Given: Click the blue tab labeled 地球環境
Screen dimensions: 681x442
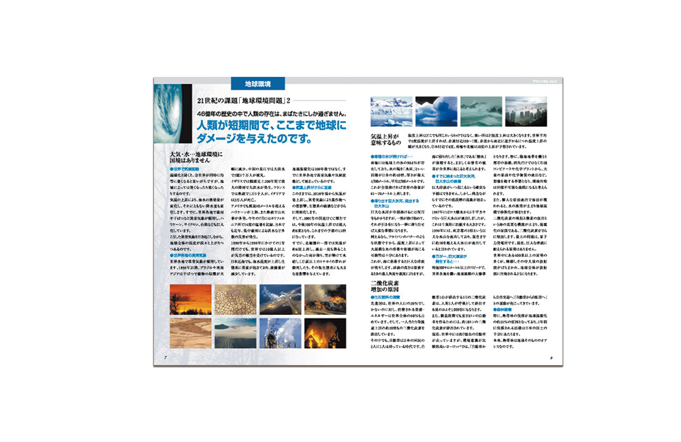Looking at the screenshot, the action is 259,84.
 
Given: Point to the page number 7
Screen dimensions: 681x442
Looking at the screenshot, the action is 165,357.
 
